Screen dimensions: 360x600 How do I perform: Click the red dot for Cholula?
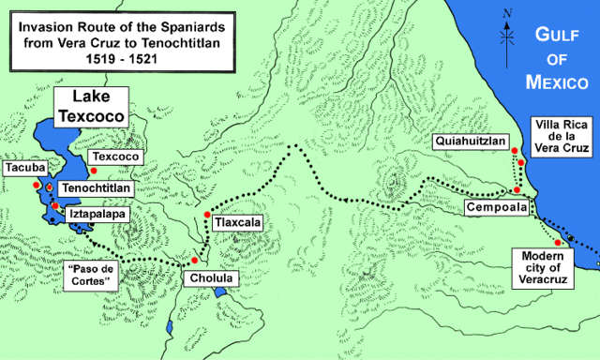coord(194,260)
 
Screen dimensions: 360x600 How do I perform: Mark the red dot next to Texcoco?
coord(93,170)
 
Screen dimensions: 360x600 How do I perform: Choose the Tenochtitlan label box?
coord(93,189)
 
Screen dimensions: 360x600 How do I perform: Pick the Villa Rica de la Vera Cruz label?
coord(561,136)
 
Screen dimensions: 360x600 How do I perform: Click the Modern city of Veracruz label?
coord(546,271)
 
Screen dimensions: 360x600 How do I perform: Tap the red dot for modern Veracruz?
coord(558,244)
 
